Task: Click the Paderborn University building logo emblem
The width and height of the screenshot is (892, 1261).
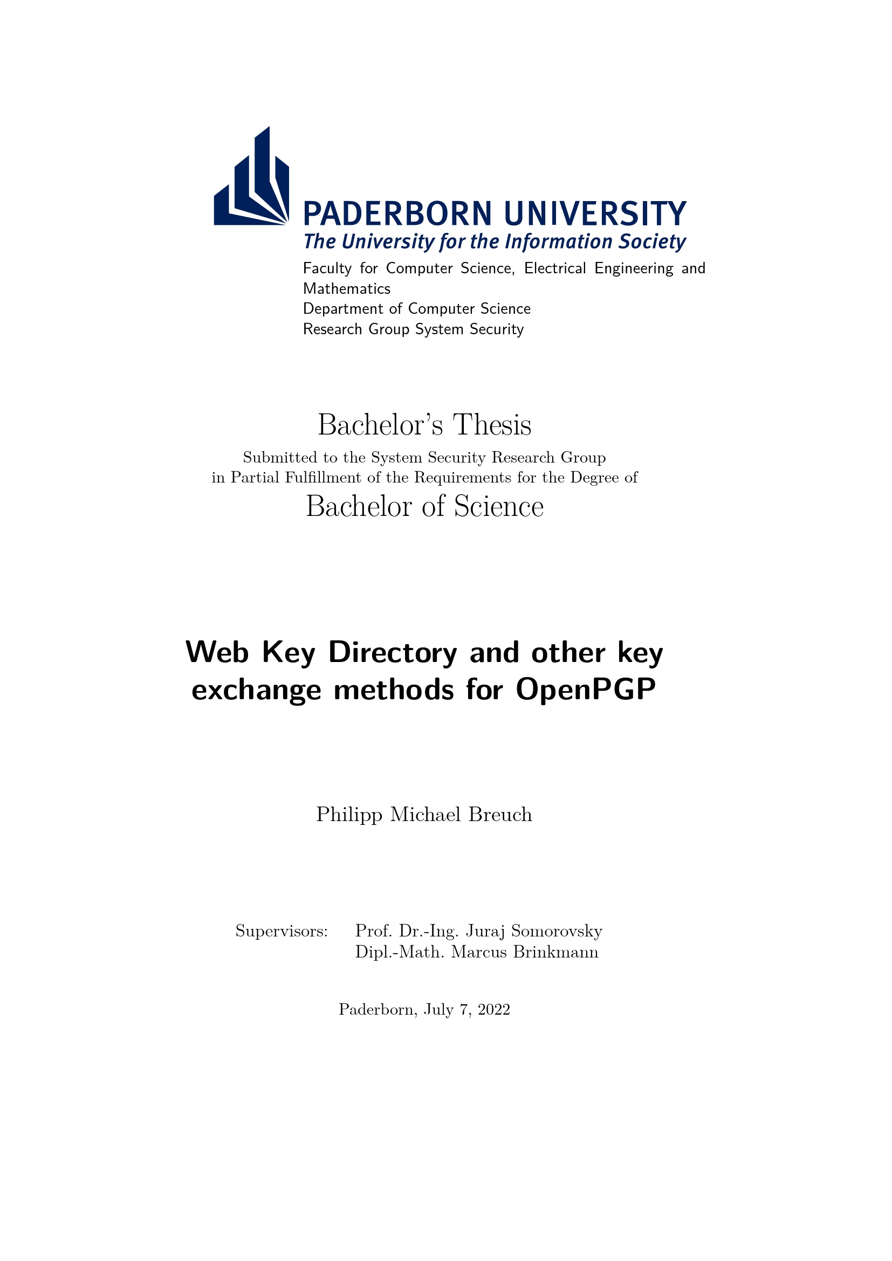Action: [251, 181]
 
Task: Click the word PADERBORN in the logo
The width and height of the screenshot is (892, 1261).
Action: [397, 213]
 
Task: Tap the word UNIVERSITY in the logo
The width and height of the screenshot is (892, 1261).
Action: [595, 213]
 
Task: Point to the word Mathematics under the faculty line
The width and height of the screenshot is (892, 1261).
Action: [347, 288]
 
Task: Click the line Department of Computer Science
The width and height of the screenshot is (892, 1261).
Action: [416, 309]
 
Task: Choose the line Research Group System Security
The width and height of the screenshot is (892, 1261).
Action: [413, 329]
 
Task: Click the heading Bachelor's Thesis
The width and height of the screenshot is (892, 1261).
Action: [424, 425]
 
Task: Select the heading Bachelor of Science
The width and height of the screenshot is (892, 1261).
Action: [424, 506]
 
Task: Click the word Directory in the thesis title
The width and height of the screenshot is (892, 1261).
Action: [392, 652]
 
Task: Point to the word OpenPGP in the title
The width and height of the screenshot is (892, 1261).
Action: [586, 690]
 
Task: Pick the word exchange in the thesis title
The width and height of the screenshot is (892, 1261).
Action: [256, 690]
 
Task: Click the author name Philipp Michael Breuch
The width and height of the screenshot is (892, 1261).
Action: [424, 814]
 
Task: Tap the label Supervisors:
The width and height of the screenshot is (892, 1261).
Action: [281, 931]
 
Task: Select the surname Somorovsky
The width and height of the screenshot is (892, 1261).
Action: [557, 931]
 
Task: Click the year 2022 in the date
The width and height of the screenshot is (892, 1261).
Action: [494, 1009]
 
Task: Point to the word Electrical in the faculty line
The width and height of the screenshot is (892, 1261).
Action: [555, 268]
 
